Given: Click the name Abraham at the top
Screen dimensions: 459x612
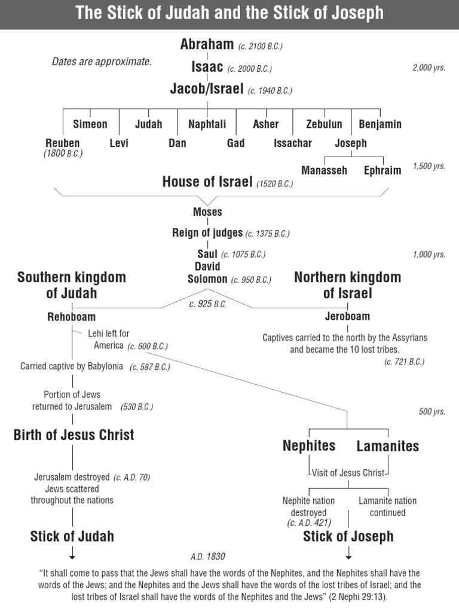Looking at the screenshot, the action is (x=207, y=44).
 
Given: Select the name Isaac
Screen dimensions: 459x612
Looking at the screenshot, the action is (x=207, y=67).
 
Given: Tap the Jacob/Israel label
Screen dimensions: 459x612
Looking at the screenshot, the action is (x=207, y=89).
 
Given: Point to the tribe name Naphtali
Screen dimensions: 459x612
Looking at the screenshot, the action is (x=207, y=124).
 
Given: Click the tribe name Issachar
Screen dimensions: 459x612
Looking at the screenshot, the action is (x=293, y=143).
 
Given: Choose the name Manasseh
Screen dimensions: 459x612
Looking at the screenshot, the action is (x=324, y=170).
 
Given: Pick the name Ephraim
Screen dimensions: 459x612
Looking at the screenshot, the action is (x=382, y=170).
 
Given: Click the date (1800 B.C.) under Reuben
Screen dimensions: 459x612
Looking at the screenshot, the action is (x=63, y=154).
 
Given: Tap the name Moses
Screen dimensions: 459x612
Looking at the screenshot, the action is (x=207, y=212).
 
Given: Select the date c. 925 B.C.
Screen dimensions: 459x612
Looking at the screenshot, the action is (x=207, y=304).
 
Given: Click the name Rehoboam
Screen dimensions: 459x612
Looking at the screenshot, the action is (x=72, y=317).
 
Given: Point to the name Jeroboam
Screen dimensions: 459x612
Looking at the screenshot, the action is (x=347, y=317).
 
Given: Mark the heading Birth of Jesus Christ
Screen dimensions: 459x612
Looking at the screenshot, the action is (x=74, y=434).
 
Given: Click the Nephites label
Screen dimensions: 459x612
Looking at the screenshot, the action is (x=309, y=446).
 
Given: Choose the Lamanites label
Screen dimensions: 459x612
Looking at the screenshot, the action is (x=388, y=446).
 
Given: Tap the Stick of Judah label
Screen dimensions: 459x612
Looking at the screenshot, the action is (x=72, y=536).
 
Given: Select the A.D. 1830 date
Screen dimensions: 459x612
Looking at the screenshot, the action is (x=208, y=556).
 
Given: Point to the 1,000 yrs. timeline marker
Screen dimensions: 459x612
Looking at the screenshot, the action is (x=429, y=255).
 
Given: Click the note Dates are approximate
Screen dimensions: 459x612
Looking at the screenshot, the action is (x=102, y=62).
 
